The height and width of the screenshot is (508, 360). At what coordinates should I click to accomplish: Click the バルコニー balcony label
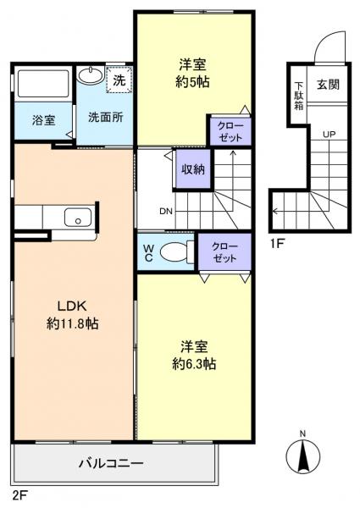tap(111, 463)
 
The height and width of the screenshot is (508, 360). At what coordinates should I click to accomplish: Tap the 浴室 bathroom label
tap(44, 119)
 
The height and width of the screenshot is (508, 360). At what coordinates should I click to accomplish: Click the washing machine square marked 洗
tap(119, 80)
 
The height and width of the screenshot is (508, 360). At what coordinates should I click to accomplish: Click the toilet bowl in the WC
tap(175, 251)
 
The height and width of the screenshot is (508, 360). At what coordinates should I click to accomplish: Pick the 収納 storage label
tap(192, 169)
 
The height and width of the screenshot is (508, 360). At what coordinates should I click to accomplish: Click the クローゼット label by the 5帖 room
tap(226, 131)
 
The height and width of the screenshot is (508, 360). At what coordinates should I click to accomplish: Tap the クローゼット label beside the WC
tap(224, 251)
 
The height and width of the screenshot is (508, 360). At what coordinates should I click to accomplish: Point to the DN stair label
tap(166, 212)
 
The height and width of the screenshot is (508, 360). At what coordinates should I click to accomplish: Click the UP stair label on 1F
tap(327, 135)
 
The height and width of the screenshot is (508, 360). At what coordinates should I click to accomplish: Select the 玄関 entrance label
tap(328, 85)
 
